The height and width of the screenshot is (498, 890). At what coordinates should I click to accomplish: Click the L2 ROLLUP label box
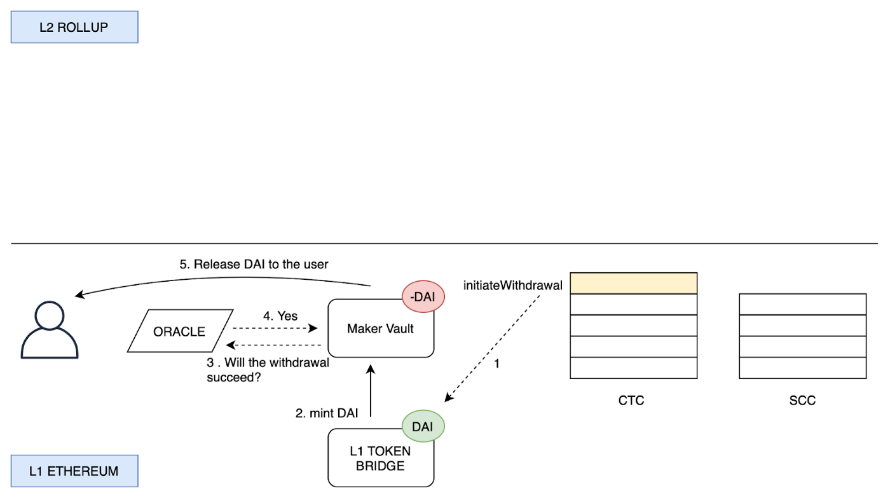pos(74,27)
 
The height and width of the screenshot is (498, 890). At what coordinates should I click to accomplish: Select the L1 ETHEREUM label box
pos(74,471)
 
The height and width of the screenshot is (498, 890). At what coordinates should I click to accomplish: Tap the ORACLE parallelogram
pos(180,331)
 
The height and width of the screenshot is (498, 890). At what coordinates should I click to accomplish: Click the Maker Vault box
pos(381,328)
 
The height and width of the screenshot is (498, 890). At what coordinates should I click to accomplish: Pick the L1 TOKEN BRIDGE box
pos(381,457)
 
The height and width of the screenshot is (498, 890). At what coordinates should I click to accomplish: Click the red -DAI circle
pos(423,296)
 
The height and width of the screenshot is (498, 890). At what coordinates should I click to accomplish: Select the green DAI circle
pos(423,426)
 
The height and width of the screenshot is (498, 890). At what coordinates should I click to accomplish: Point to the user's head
pos(50,315)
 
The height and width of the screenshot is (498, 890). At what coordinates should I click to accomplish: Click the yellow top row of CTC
pos(633,283)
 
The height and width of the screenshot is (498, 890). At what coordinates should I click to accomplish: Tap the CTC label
pos(631,400)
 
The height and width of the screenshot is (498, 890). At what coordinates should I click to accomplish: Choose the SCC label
pos(802,400)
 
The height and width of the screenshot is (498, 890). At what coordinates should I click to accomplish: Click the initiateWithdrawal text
pos(512,286)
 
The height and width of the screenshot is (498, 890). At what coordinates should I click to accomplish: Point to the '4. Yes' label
pos(280,316)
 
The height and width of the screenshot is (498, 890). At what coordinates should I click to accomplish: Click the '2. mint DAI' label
pos(327,413)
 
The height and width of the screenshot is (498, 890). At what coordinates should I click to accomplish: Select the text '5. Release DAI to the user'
pos(254,265)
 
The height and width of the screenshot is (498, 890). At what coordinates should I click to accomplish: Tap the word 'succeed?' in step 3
pos(234,377)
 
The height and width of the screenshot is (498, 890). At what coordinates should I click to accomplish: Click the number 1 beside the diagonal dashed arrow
pos(496,364)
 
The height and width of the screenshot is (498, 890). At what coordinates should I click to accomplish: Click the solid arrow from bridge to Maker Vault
pos(370,391)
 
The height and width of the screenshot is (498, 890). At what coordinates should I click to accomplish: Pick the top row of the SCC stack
pos(802,304)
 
